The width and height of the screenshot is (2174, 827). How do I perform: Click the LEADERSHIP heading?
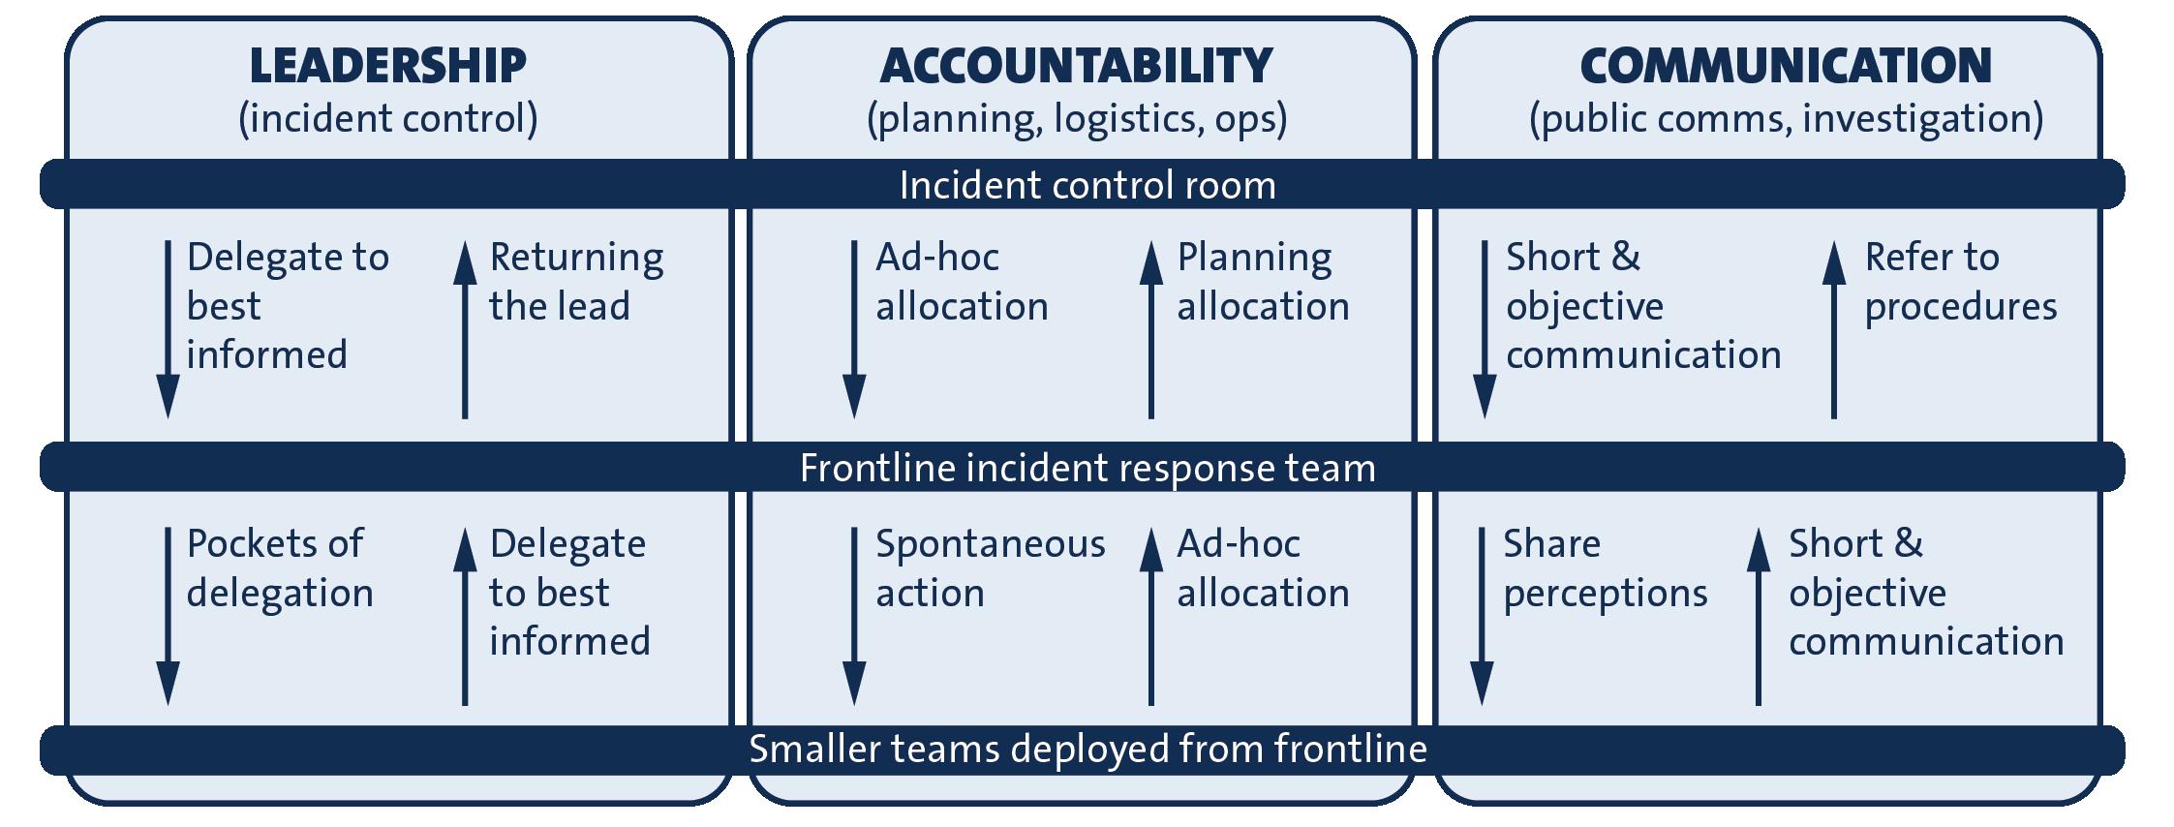(x=387, y=66)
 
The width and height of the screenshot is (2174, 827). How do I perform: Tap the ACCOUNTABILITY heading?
(x=1076, y=66)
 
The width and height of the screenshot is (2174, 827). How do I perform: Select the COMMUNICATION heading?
(x=1786, y=66)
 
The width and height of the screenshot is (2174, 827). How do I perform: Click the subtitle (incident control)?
(x=387, y=118)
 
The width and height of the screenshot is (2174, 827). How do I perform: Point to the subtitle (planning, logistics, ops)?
(x=1076, y=118)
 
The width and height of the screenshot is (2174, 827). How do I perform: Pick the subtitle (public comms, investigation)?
(x=1786, y=118)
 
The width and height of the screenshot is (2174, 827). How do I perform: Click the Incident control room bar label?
(x=1087, y=185)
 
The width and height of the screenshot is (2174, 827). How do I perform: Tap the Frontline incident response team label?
(x=1087, y=468)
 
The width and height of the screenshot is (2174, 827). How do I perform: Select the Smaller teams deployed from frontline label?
(x=1087, y=749)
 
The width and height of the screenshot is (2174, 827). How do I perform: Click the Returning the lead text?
(x=575, y=281)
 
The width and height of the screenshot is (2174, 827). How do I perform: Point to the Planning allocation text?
(x=1262, y=281)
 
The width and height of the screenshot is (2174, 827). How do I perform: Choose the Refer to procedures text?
(x=1960, y=281)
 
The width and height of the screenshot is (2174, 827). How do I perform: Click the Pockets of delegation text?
(x=279, y=567)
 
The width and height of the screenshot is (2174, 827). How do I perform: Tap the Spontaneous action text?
(x=990, y=567)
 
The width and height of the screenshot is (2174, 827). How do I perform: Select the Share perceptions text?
(x=1605, y=567)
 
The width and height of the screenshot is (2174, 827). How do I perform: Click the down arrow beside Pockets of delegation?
(x=168, y=616)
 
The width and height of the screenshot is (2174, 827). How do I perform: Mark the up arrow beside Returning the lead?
(x=465, y=329)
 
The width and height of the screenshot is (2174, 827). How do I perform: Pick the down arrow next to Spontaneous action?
(x=854, y=616)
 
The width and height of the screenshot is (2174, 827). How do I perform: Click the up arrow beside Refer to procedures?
(x=1833, y=329)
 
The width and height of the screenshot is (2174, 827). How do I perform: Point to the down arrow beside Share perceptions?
(x=1482, y=616)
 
